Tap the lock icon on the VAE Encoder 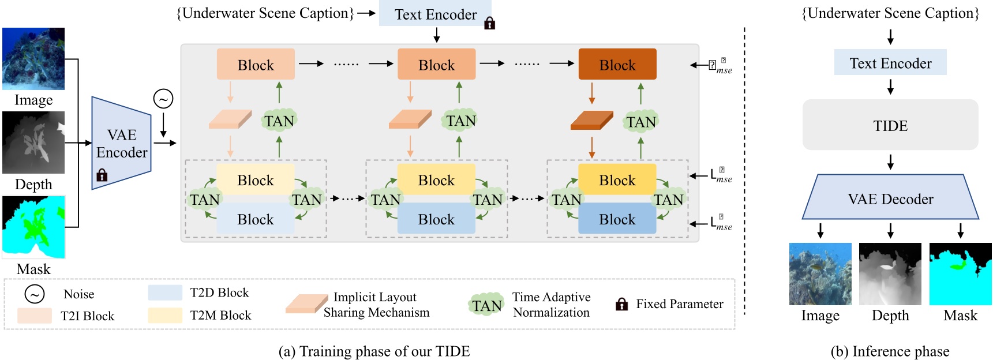102,175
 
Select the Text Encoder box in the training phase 435,14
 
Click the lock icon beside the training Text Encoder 489,23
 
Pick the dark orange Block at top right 617,65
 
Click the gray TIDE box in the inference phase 890,125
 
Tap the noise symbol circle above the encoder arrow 163,99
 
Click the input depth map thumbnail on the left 33,142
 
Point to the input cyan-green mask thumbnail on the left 33,227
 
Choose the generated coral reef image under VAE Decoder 820,274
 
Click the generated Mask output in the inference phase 960,274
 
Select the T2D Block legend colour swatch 165,292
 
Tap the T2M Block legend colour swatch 165,315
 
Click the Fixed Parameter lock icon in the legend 621,304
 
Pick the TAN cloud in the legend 486,305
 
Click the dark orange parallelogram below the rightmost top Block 591,121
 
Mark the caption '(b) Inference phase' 890,351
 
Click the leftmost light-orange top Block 256,65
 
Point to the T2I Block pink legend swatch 35,316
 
